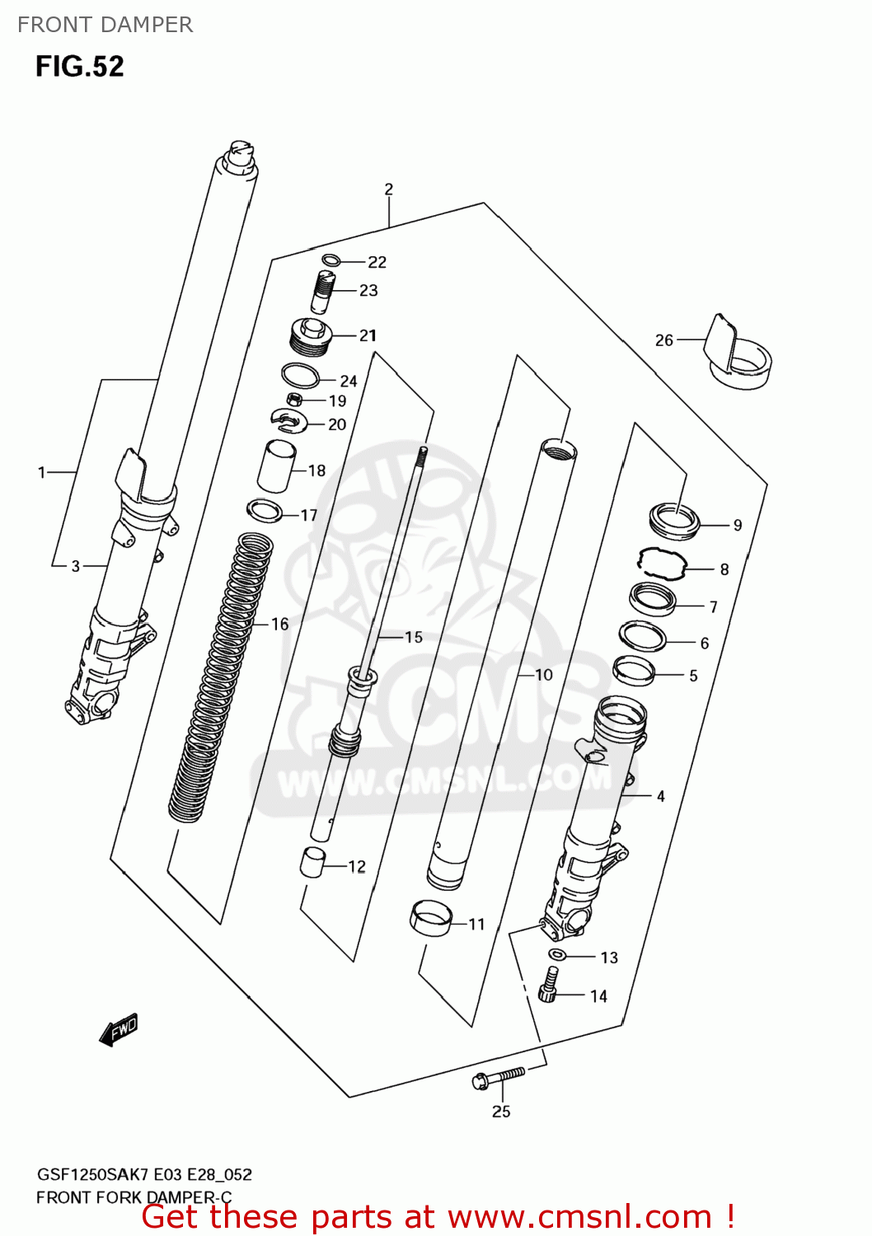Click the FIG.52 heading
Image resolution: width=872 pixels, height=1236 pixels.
(x=79, y=66)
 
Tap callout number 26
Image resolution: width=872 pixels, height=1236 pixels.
(x=663, y=340)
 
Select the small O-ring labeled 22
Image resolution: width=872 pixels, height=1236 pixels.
(x=331, y=261)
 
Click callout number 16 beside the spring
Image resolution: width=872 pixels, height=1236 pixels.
(x=280, y=624)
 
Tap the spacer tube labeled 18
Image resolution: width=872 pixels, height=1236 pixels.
(x=277, y=466)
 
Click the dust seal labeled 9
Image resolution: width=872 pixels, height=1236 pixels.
(x=675, y=521)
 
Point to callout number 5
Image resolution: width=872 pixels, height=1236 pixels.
(x=693, y=676)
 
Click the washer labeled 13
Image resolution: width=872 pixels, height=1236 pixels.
(x=556, y=955)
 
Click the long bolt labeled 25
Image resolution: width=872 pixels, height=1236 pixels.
(x=499, y=1077)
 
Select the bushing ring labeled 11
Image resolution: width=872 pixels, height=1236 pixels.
(x=431, y=919)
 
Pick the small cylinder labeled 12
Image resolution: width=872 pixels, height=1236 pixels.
(x=312, y=863)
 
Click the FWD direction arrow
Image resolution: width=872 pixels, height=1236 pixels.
(x=118, y=1030)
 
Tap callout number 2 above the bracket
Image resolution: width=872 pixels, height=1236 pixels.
(x=389, y=190)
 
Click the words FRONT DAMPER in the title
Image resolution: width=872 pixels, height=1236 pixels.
(x=105, y=25)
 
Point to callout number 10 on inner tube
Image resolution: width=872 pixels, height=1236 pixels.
(x=544, y=675)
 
